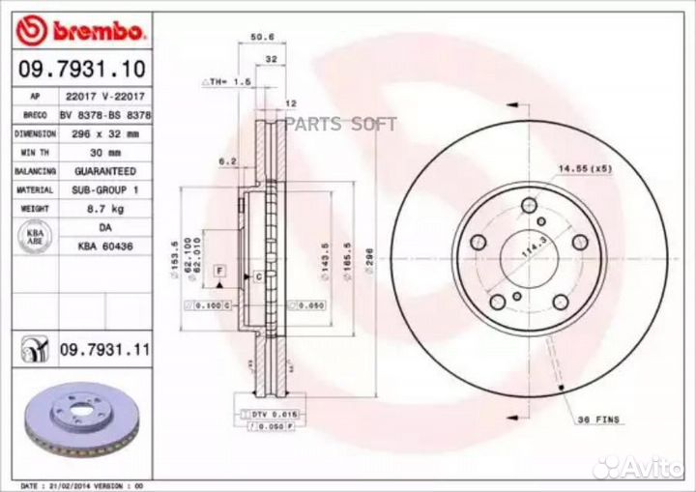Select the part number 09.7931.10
click(x=83, y=71)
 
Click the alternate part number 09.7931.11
click(x=104, y=349)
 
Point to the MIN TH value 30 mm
click(x=101, y=153)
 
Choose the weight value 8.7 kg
click(x=101, y=208)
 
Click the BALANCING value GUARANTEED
click(x=101, y=171)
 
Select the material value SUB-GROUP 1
click(x=101, y=189)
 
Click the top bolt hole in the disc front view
click(x=528, y=205)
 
